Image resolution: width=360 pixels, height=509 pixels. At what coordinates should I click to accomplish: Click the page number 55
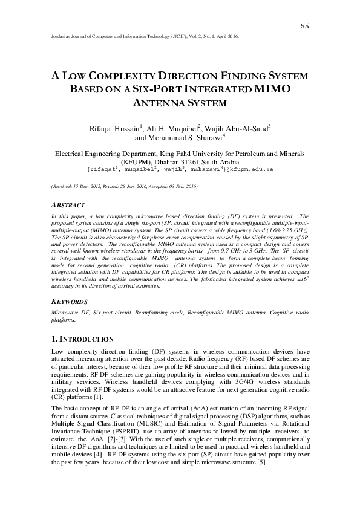click(x=304, y=25)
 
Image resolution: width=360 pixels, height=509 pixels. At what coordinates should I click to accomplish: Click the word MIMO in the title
click(x=267, y=89)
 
